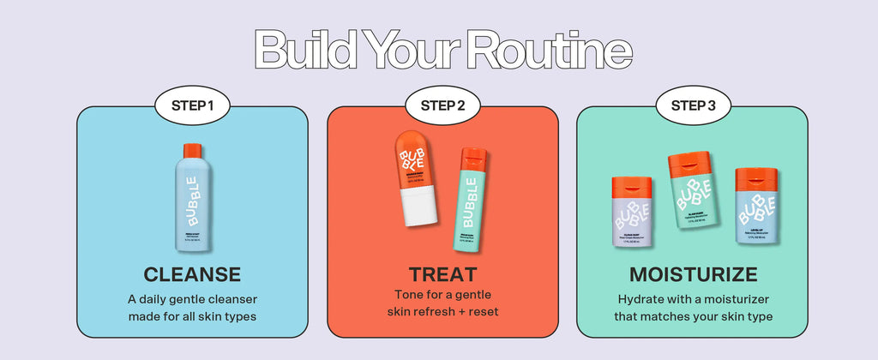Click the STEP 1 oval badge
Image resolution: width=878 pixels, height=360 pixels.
pos(192,106)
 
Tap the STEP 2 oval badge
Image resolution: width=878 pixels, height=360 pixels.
pos(442,106)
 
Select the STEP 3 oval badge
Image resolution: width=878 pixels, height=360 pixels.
pos(693,106)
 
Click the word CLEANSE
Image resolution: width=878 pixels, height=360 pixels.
pos(192,275)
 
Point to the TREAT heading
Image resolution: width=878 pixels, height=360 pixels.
pos(442,275)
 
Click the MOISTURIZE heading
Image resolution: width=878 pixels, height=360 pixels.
pos(693,275)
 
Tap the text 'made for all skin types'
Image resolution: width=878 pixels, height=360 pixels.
pos(192,315)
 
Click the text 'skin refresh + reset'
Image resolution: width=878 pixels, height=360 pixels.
pos(442,310)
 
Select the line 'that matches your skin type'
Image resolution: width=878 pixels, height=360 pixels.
pos(693,315)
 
